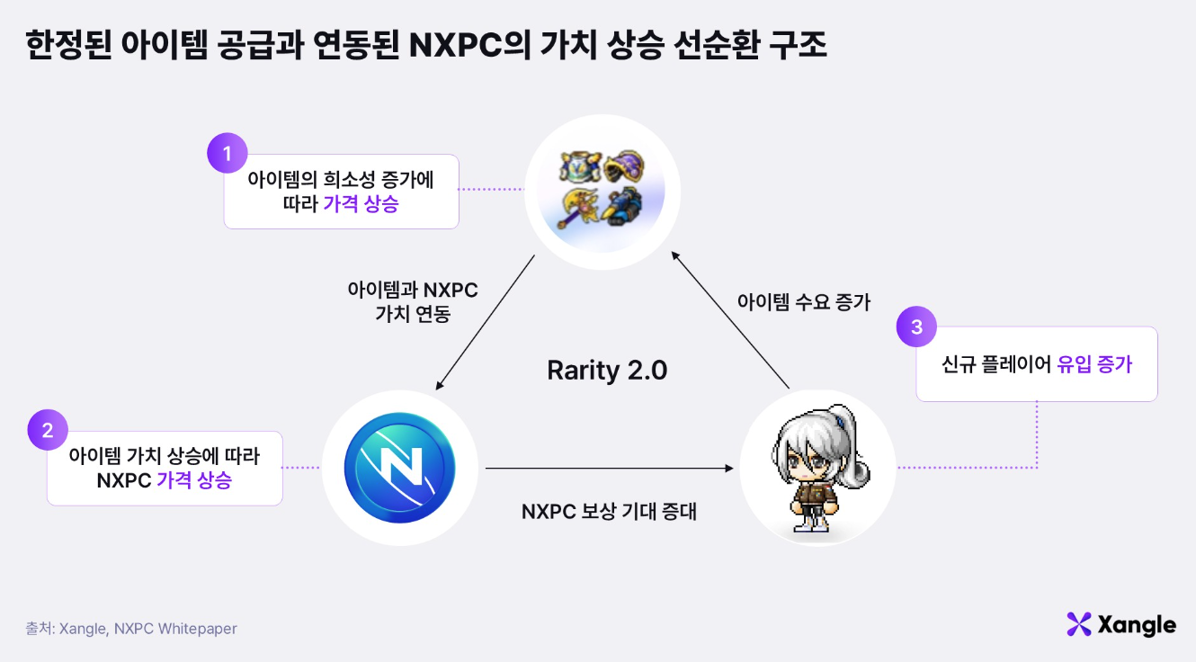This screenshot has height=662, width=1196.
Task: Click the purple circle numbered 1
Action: click(x=228, y=153)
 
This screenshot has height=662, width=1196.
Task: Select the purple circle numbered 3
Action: click(x=916, y=327)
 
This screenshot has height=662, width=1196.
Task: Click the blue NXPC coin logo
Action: click(x=399, y=468)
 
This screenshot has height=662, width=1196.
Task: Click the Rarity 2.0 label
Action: click(x=607, y=370)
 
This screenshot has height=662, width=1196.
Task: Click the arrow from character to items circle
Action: click(x=730, y=321)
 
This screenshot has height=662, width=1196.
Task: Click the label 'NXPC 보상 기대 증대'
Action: click(x=609, y=512)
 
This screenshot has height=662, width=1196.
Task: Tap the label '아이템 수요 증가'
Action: click(x=803, y=302)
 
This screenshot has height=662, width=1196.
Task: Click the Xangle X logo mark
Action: click(x=1078, y=624)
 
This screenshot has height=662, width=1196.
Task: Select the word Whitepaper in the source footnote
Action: click(x=197, y=629)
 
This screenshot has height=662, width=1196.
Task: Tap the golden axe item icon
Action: click(x=578, y=206)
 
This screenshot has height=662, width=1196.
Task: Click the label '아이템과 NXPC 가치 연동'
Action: click(x=412, y=302)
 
